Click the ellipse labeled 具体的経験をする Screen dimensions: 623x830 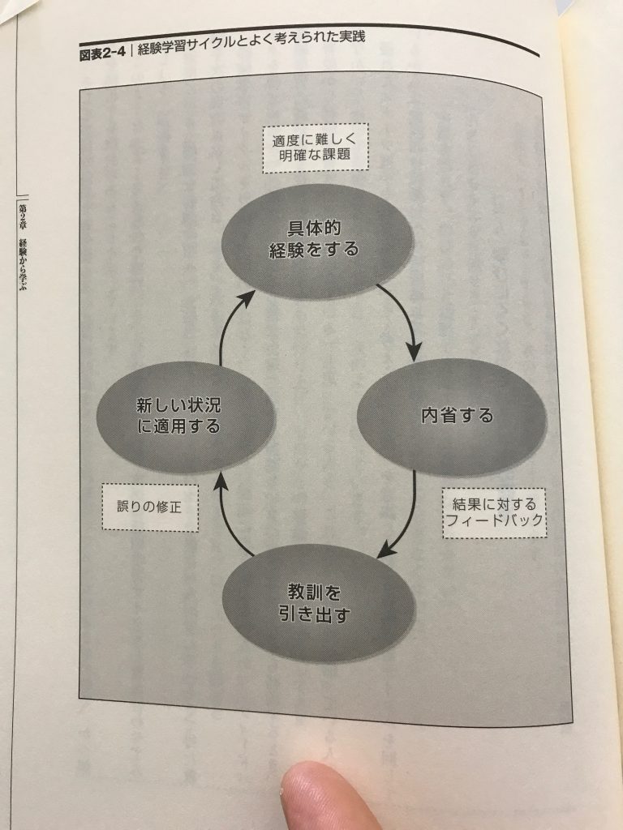point(317,241)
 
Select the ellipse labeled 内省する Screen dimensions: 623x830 point(451,417)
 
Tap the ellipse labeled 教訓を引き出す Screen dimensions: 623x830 point(317,603)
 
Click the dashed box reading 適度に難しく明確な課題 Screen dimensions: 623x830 point(316,148)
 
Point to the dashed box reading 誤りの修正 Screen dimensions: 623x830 point(150,507)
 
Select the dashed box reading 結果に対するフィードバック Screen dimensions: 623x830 point(494,512)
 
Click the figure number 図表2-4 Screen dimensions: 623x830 point(102,53)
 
